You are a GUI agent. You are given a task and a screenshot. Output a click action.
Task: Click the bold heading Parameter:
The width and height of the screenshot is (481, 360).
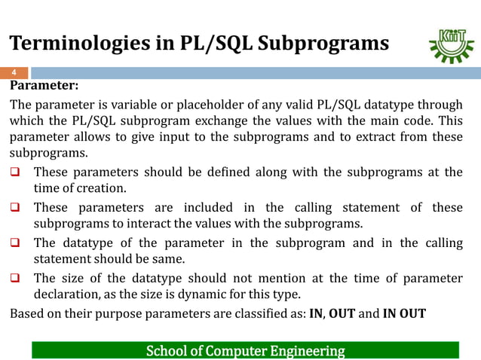pyautogui.click(x=44, y=85)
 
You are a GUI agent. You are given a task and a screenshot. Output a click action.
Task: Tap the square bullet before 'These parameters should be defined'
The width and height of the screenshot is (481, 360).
pyautogui.click(x=16, y=172)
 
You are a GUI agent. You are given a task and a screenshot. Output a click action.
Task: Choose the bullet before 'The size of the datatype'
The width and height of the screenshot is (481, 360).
pyautogui.click(x=16, y=276)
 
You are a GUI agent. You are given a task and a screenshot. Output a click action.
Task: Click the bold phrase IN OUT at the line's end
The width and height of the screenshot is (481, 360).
pyautogui.click(x=403, y=313)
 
